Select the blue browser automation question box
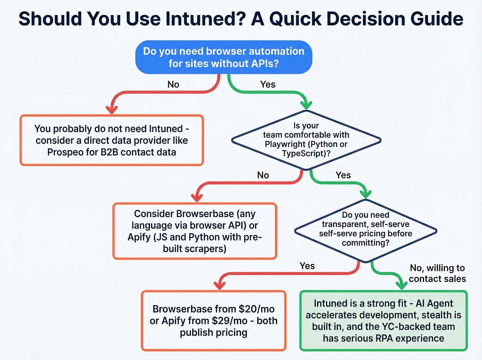pyautogui.click(x=223, y=57)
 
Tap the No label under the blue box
pyautogui.click(x=173, y=84)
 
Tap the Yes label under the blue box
pyautogui.click(x=268, y=84)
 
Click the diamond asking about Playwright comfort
pyautogui.click(x=306, y=140)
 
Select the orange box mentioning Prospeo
pyautogui.click(x=112, y=140)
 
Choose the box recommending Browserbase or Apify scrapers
pyautogui.click(x=195, y=231)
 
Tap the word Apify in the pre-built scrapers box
pyautogui.click(x=139, y=237)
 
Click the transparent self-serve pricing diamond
pyautogui.click(x=365, y=229)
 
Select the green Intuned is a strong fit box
pyautogui.click(x=383, y=321)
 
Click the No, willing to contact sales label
pyautogui.click(x=437, y=273)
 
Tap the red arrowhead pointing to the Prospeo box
pyautogui.click(x=112, y=110)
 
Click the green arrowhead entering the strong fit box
pyautogui.click(x=401, y=285)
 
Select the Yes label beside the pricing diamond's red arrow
pyautogui.click(x=307, y=266)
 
